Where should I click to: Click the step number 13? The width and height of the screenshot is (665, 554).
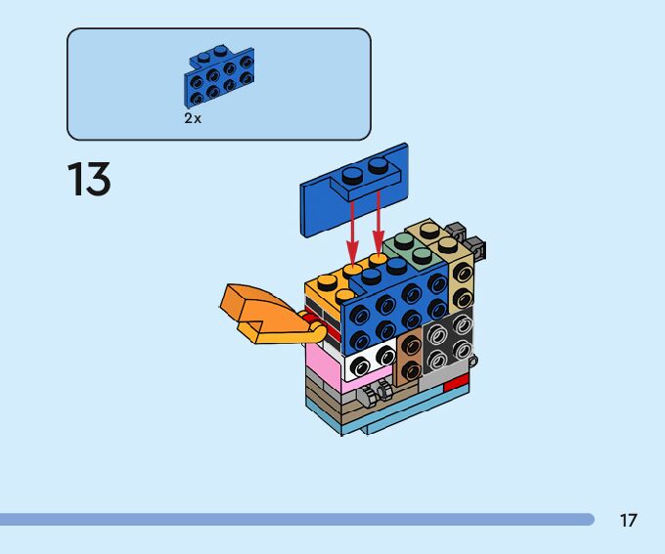point(88,181)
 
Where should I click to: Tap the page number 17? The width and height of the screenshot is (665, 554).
point(628,520)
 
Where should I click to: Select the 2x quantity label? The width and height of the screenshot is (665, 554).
point(193,117)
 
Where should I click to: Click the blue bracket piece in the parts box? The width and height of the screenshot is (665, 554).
point(217,76)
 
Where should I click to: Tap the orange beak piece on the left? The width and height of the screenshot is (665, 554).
point(256,311)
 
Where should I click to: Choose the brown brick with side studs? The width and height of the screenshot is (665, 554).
point(411,354)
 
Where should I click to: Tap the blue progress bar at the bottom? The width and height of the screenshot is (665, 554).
point(293,519)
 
